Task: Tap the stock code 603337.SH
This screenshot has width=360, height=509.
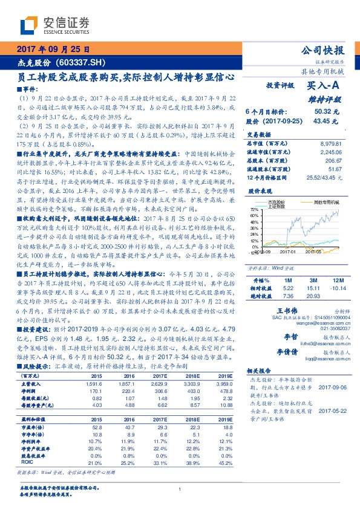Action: (81, 62)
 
